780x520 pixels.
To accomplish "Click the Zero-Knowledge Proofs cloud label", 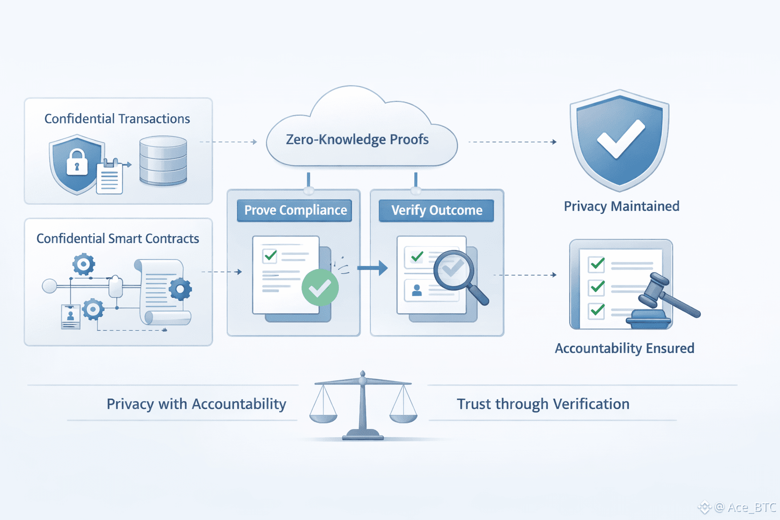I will [x=357, y=139].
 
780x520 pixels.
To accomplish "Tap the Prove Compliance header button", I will [x=295, y=210].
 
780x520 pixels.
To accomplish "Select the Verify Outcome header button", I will [x=437, y=210].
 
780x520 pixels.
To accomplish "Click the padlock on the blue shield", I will [x=77, y=162].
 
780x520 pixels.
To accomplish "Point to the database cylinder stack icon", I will [x=163, y=160].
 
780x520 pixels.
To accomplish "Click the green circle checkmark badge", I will [x=320, y=288].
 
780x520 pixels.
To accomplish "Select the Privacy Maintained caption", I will [x=622, y=206].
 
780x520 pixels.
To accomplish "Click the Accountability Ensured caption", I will [x=624, y=348].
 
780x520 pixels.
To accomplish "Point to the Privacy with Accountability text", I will [x=196, y=404].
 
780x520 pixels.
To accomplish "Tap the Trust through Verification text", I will [x=543, y=404].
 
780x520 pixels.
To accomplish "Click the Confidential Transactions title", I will [x=117, y=119].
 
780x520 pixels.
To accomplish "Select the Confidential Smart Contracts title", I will [x=118, y=239].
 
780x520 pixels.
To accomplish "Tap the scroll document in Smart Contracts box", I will [x=161, y=292].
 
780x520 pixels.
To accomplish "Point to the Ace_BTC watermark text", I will [x=745, y=507].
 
